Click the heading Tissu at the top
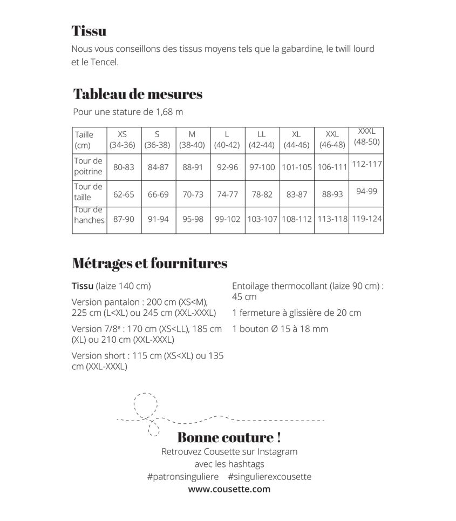click(89, 31)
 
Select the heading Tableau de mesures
click(138, 94)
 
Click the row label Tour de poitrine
click(89, 166)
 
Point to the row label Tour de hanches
click(89, 215)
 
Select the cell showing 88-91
click(193, 167)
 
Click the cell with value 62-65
click(124, 194)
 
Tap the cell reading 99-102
click(227, 220)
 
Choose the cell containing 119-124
click(366, 219)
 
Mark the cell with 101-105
click(297, 167)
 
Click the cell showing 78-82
click(262, 194)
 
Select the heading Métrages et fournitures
click(149, 263)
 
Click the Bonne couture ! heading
click(229, 437)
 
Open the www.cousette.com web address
click(229, 489)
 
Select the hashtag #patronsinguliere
click(182, 477)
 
